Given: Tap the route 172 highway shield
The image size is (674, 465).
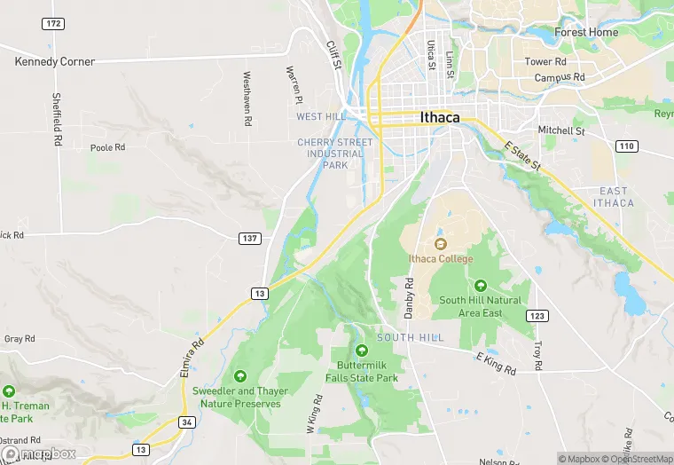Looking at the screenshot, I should [53, 23].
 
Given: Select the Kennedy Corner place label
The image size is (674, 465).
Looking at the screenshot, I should [55, 62].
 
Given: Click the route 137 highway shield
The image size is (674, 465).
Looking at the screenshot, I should [249, 239].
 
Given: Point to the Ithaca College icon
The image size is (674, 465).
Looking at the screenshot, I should [441, 244].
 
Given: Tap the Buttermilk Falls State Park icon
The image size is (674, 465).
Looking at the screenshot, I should [361, 351].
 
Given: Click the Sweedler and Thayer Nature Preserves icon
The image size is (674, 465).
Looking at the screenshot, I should [239, 377].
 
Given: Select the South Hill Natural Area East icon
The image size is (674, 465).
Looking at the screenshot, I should [480, 286].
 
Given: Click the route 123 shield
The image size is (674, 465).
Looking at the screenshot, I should [537, 316].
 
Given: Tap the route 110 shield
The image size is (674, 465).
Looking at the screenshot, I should [627, 146].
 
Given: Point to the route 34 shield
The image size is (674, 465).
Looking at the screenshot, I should [186, 422].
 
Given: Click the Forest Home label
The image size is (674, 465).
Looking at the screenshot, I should [586, 33].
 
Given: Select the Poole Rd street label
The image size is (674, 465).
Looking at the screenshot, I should [108, 147].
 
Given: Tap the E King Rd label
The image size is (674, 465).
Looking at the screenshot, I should [495, 362].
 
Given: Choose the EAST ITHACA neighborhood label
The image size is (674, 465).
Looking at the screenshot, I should [613, 197].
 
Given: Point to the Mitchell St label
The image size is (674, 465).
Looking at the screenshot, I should [561, 130].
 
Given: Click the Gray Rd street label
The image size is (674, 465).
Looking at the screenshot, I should [20, 339].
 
